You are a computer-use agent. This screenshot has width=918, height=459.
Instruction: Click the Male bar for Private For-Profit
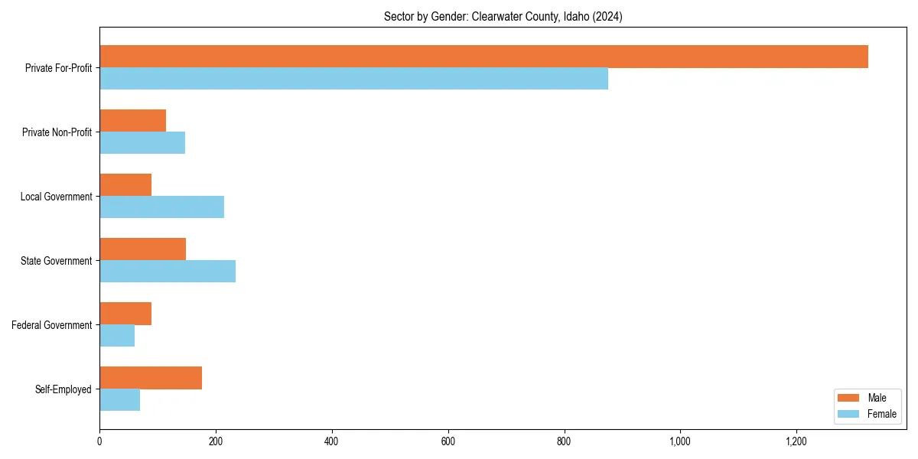[483, 57]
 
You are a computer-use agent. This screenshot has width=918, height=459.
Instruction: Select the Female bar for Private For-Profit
[353, 79]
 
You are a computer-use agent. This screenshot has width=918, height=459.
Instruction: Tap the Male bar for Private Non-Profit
[132, 121]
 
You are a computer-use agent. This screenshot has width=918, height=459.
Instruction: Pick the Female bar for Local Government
[161, 207]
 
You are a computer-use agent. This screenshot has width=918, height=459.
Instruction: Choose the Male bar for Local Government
[125, 185]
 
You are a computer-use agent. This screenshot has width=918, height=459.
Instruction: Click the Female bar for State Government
[168, 272]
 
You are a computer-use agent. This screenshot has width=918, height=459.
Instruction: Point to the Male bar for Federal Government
[125, 314]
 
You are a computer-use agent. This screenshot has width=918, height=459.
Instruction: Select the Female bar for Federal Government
[117, 336]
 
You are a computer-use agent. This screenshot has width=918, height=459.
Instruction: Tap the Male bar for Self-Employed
[151, 378]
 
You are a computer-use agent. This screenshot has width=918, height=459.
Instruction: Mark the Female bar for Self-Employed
[119, 400]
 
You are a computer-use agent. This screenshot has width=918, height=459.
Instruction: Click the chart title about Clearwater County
[503, 17]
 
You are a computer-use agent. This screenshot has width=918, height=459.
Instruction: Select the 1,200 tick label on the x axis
[796, 441]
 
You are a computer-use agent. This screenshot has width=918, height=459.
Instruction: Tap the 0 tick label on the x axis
[99, 441]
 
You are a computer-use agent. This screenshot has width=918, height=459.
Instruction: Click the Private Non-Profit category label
[57, 132]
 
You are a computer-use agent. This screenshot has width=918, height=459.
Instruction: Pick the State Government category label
[56, 261]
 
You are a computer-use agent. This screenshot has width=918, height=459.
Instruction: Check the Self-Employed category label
[63, 389]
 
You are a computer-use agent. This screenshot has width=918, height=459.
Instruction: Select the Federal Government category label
[52, 325]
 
